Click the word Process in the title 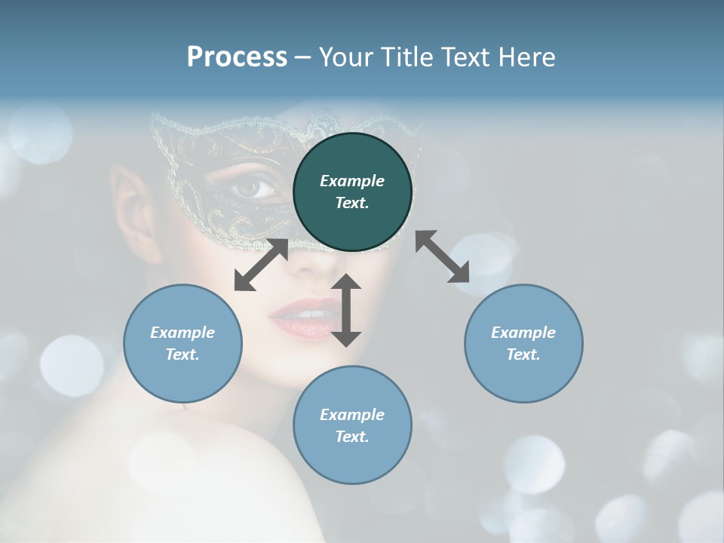coord(237,57)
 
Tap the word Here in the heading coord(526,57)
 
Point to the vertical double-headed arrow coord(346,310)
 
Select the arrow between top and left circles coord(261,265)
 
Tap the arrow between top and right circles coord(442,256)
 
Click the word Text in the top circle coord(351,203)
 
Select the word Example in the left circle coord(183,333)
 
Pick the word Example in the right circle coord(523,333)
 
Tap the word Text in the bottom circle coord(351,437)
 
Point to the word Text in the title coord(464,57)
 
